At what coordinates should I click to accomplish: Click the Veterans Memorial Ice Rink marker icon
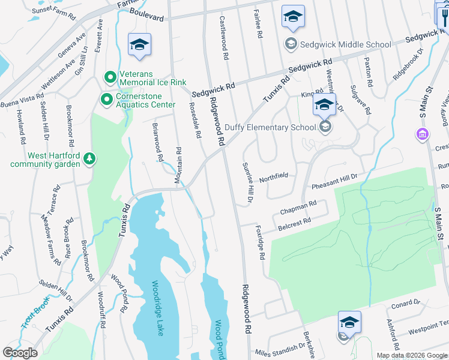[110, 77]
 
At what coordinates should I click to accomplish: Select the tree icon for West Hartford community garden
[89, 158]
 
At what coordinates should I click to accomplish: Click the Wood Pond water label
[219, 340]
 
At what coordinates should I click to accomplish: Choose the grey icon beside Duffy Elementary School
[325, 127]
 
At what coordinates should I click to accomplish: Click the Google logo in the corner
[20, 353]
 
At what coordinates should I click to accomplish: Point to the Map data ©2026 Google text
[412, 355]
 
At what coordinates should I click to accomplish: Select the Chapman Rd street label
[298, 208]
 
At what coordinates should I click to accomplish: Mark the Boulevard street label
[145, 18]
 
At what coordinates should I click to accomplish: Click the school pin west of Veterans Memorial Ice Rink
[139, 45]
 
